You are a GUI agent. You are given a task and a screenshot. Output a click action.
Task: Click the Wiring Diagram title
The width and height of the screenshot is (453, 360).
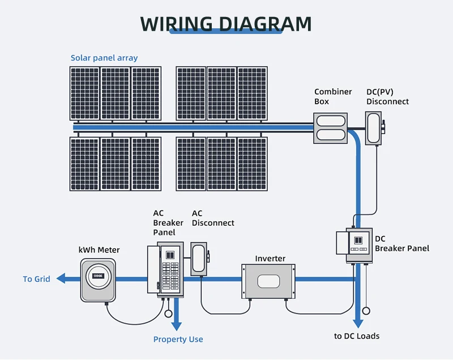[226, 24]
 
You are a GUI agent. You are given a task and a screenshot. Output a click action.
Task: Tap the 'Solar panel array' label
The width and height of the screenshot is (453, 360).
[104, 58]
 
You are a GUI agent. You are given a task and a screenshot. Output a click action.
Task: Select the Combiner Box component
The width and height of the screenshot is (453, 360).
[331, 128]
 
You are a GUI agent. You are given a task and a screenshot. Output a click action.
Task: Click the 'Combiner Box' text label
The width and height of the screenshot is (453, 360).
[333, 96]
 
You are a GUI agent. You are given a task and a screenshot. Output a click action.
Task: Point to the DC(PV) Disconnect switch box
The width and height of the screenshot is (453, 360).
[374, 128]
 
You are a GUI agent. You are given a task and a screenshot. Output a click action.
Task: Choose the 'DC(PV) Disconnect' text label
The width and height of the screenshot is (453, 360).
[387, 96]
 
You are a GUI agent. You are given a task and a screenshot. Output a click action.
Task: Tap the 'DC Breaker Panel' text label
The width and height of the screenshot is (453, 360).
[401, 243]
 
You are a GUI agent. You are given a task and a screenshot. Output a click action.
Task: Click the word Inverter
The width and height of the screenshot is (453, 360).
[270, 259]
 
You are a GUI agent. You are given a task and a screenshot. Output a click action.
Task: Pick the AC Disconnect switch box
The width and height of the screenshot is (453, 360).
[199, 259]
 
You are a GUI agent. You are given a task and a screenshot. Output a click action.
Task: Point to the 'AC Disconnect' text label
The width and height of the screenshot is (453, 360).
[212, 218]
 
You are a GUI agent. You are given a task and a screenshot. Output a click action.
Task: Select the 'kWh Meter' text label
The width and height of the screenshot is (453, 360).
[99, 250]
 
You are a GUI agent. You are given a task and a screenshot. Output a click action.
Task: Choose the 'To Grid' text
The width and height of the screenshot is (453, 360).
[36, 279]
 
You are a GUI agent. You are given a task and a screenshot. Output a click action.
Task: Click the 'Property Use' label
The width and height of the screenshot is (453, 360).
[178, 340]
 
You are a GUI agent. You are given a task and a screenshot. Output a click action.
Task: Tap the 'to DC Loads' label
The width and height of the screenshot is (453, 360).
[357, 336]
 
